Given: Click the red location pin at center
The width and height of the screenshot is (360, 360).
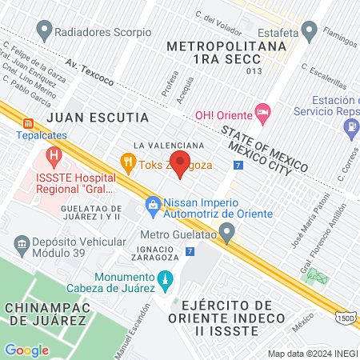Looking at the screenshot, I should pyautogui.click(x=180, y=164).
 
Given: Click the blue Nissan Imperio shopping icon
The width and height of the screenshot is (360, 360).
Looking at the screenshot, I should pyautogui.click(x=153, y=206).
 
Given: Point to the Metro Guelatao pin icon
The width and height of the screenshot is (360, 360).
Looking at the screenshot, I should pyautogui.click(x=228, y=234).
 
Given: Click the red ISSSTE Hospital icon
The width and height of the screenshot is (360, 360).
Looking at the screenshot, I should pyautogui.click(x=54, y=154).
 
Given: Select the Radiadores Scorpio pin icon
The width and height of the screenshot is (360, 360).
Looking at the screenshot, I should pyautogui.click(x=43, y=31).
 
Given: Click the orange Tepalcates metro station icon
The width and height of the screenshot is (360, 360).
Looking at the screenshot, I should pyautogui.click(x=28, y=123).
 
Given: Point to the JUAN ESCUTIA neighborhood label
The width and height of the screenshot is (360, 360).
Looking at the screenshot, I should pyautogui.click(x=98, y=117).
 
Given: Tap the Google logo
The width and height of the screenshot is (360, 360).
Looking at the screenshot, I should pyautogui.click(x=26, y=350).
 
